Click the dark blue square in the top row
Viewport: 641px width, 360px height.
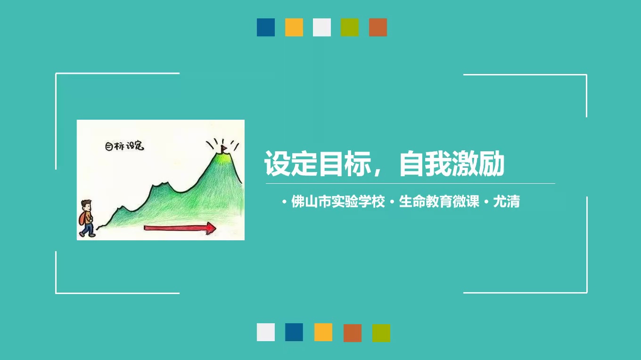265,27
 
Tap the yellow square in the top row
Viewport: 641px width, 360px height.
294,27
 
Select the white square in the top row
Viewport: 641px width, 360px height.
321,27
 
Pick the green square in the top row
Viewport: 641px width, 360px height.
349,27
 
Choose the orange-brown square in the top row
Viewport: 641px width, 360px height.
378,27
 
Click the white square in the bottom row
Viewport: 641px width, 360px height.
265,332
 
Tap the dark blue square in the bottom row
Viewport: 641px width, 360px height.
294,332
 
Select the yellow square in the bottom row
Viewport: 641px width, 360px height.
323,332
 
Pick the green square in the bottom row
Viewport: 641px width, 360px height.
381,333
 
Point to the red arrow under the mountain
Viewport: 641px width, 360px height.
180,228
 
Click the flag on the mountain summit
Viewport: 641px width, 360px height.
223,149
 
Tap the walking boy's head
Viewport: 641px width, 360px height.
86,205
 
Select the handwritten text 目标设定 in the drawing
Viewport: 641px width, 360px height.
124,146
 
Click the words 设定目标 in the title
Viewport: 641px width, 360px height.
318,164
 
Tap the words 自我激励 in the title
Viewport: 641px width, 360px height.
452,164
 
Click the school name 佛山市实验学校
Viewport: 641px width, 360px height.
338,202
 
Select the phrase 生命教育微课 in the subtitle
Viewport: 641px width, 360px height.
439,202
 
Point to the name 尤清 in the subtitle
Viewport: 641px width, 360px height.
507,202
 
